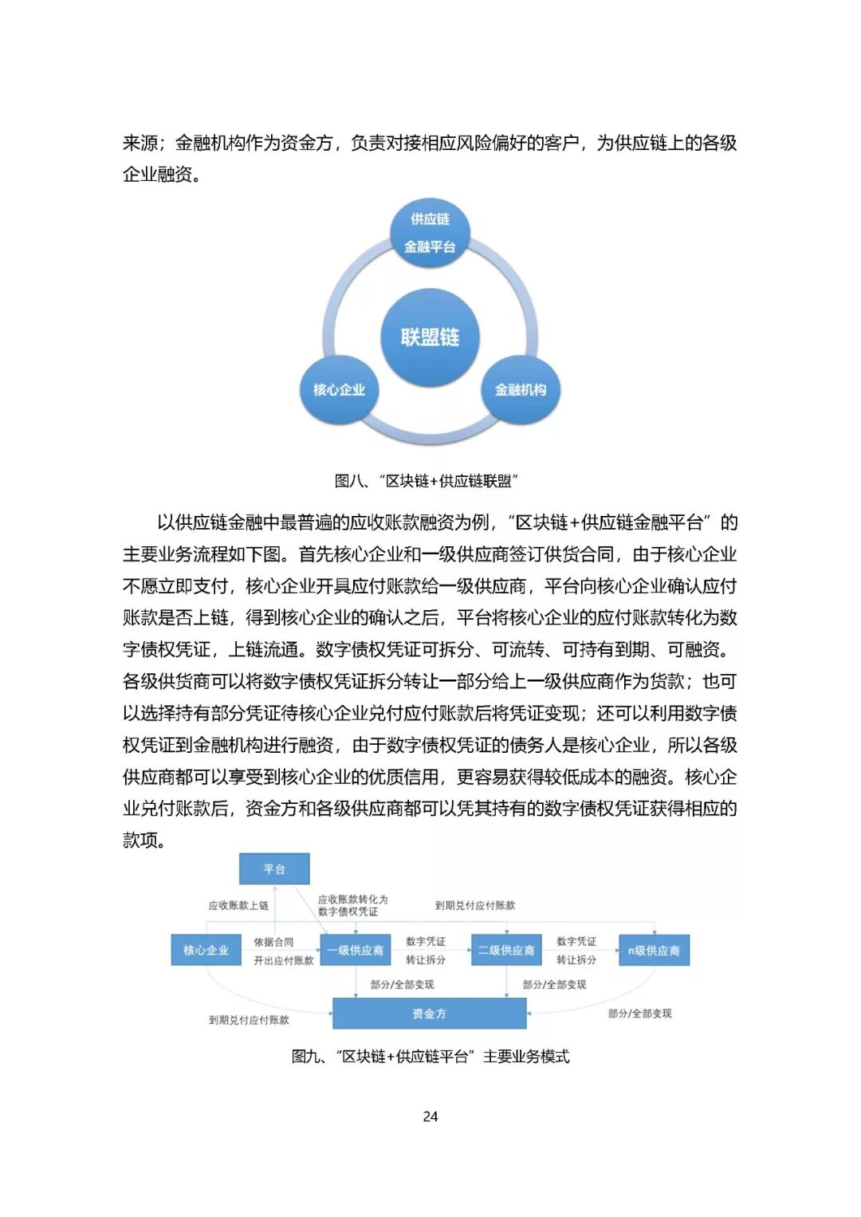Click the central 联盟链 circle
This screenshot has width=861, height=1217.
430,337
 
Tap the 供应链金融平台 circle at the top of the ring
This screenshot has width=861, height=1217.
430,232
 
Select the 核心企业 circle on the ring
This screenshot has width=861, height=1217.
339,389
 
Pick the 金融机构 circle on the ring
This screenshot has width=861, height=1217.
521,389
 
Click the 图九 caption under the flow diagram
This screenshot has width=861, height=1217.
431,1057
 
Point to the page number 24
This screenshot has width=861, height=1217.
431,1117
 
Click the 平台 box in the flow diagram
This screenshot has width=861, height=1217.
274,869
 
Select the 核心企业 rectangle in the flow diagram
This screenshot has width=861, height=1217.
206,951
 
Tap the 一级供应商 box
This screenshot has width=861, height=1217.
356,951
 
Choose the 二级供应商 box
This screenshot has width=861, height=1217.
506,951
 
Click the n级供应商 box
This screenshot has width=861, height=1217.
654,951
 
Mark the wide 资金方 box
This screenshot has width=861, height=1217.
429,1014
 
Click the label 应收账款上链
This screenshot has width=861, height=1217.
238,906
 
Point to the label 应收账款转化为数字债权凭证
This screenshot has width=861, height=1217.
352,905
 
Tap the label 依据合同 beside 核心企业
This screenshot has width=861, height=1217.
273,943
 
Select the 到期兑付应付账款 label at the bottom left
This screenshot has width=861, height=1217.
249,1020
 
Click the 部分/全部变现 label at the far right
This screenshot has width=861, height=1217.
639,1014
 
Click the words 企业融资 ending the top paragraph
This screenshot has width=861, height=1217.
157,175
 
